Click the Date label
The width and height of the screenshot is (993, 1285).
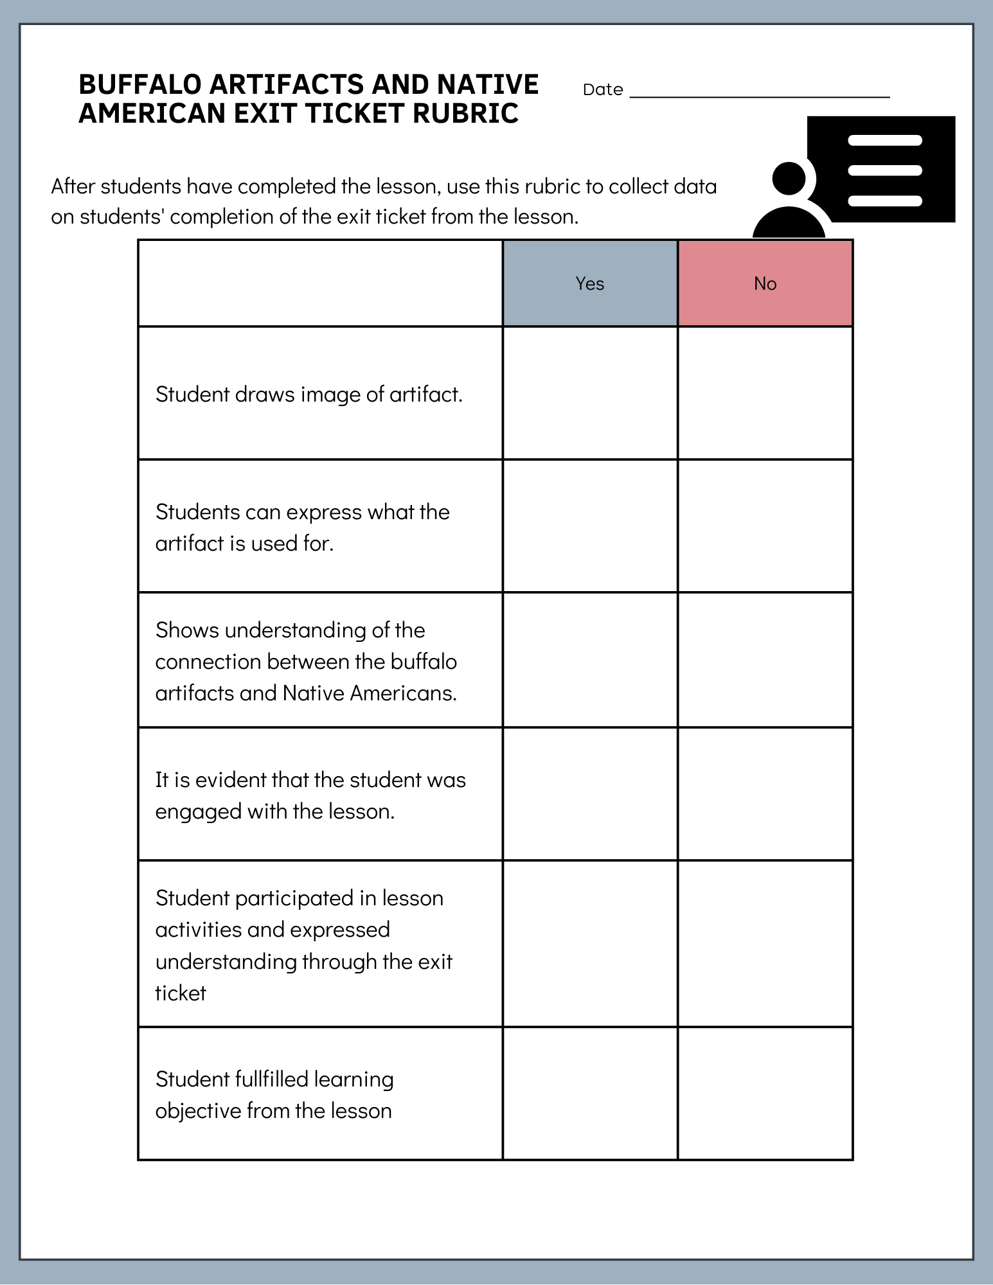coord(602,89)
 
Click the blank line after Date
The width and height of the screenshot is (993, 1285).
coord(759,94)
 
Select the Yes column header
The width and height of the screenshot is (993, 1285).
coord(589,283)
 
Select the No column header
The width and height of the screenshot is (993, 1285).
coord(765,283)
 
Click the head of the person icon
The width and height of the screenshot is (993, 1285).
coord(789,178)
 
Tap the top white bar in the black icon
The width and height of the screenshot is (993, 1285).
coord(884,140)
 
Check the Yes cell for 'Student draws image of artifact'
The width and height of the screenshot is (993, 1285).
coord(589,393)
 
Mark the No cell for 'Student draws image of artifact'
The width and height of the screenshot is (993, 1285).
coord(765,393)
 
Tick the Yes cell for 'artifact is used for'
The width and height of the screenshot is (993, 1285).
coord(589,526)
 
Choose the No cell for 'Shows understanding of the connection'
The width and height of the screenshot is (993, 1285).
coord(765,660)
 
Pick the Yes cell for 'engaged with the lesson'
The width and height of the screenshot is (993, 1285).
coord(589,794)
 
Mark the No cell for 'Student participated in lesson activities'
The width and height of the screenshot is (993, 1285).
coord(765,944)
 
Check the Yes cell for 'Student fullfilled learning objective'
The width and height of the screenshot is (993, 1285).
coord(589,1094)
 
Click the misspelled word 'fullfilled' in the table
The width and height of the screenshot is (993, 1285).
coord(272,1079)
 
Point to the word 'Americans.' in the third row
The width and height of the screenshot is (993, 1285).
coord(403,693)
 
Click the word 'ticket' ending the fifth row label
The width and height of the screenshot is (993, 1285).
coord(181,993)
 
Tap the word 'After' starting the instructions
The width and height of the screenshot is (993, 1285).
coord(73,186)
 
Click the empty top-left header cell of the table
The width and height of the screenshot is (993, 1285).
coord(320,283)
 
